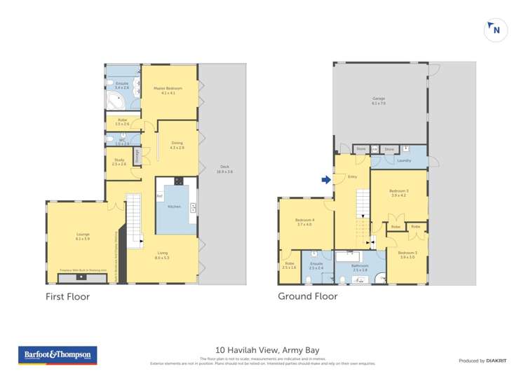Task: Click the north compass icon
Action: point(496,30)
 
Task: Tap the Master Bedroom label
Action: point(168,90)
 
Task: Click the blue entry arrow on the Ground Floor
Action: point(326,180)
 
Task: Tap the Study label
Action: point(119,162)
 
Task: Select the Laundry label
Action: point(403,160)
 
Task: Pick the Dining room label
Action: point(177,145)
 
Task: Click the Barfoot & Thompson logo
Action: point(58,356)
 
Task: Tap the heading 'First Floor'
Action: point(67,296)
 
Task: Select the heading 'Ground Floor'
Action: point(307,296)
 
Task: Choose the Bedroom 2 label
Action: point(407,255)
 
